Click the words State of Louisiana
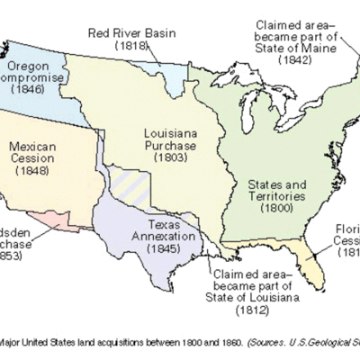(x=254, y=296)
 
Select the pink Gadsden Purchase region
(x=54, y=219)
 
